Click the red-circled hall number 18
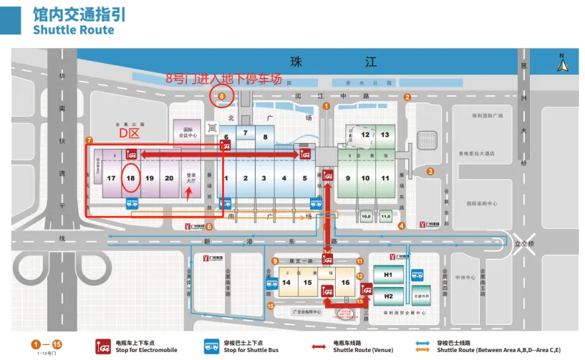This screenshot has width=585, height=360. click(x=130, y=177)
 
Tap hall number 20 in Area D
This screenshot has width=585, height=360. click(x=168, y=177)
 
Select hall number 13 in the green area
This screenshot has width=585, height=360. click(x=385, y=135)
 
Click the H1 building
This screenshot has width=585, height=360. click(x=389, y=276)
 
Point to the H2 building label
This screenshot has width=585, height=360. click(x=389, y=296)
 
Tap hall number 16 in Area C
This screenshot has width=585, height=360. click(x=345, y=282)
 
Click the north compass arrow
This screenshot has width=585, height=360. click(x=562, y=65)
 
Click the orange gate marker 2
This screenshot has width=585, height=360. click(x=407, y=97)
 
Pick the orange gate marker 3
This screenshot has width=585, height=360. click(x=430, y=171)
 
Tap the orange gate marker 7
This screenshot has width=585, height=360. click(x=89, y=140)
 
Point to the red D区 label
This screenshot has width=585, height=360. click(x=129, y=134)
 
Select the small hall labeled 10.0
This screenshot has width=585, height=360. click(x=367, y=215)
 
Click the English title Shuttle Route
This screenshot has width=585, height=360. click(x=73, y=30)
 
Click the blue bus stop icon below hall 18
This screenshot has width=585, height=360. click(x=132, y=203)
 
